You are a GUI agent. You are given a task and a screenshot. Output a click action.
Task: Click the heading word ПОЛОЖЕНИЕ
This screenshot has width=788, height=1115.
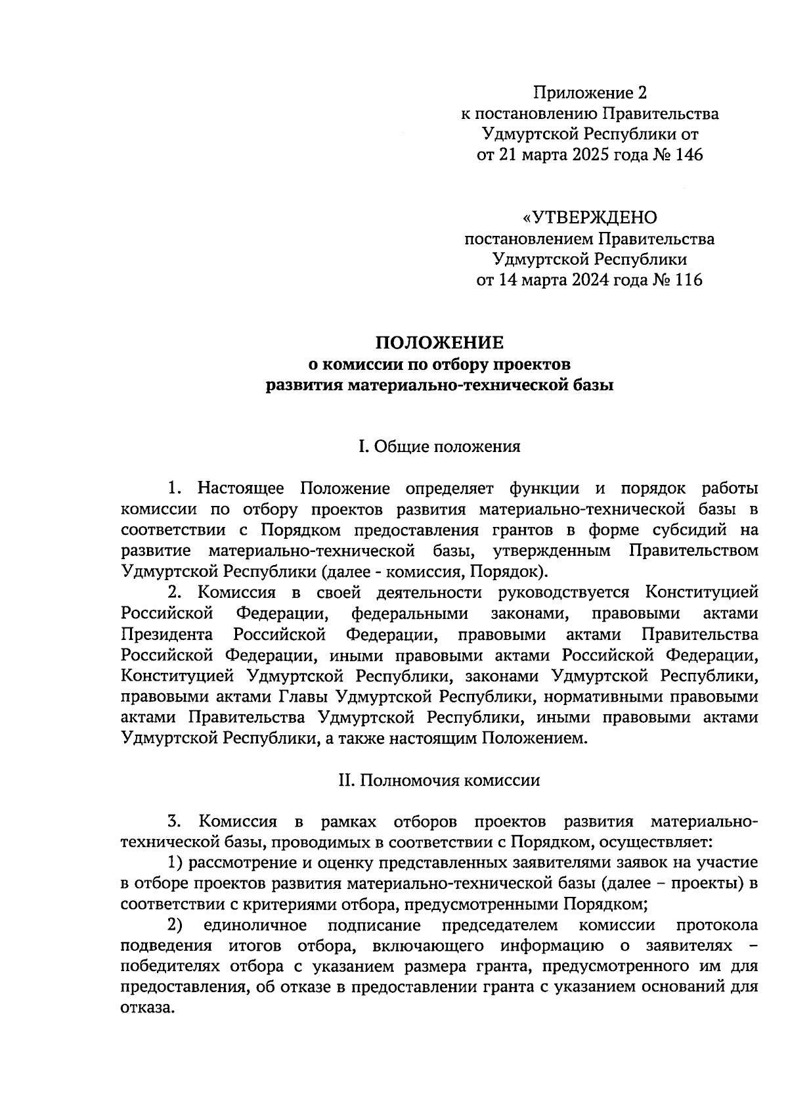(x=439, y=343)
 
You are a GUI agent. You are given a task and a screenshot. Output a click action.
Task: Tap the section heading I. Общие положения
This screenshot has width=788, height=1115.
(x=439, y=447)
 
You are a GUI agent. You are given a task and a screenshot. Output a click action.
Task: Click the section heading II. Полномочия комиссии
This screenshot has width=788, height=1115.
(x=439, y=781)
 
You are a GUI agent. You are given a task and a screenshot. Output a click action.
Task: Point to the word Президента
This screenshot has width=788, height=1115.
(x=167, y=635)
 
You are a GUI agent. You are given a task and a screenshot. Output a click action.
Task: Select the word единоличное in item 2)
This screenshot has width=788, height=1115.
(x=255, y=926)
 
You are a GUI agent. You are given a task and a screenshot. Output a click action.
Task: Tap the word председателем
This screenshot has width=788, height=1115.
(x=500, y=926)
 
